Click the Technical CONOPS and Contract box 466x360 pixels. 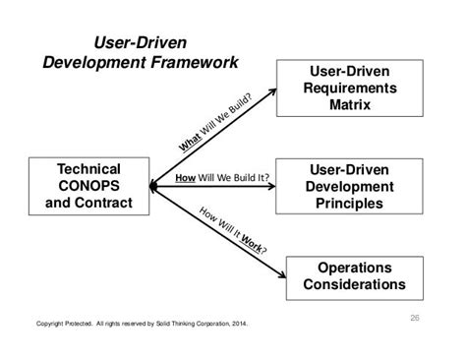(x=89, y=186)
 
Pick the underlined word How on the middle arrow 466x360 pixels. (x=185, y=179)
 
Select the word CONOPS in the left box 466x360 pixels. (x=89, y=186)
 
